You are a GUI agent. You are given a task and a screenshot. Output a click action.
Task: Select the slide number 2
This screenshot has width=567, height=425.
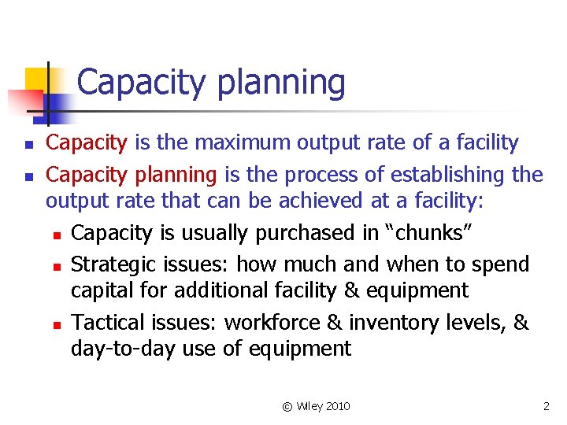click(x=546, y=406)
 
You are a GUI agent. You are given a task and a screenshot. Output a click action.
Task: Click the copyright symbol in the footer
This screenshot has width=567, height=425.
click(x=287, y=406)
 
